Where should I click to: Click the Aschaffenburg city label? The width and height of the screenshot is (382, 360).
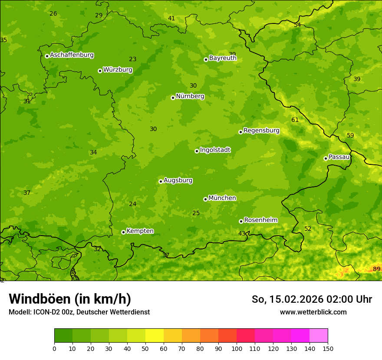pyautogui.click(x=72, y=55)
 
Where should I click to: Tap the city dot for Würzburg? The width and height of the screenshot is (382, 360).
pyautogui.click(x=100, y=71)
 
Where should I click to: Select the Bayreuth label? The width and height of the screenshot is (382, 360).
pyautogui.click(x=223, y=58)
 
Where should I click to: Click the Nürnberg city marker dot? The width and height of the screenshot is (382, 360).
pyautogui.click(x=173, y=98)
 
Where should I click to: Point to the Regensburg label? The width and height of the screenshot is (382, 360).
pyautogui.click(x=261, y=131)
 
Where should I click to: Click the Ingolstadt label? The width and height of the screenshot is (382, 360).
pyautogui.click(x=215, y=150)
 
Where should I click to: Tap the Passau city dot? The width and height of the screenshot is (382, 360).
pyautogui.click(x=326, y=158)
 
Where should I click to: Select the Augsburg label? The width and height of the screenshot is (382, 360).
pyautogui.click(x=178, y=180)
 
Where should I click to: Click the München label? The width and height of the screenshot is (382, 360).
pyautogui.click(x=222, y=198)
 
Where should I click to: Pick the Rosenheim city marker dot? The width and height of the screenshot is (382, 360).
pyautogui.click(x=241, y=221)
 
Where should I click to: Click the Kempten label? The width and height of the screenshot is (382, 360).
pyautogui.click(x=140, y=231)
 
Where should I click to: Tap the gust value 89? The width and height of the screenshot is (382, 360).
pyautogui.click(x=376, y=269)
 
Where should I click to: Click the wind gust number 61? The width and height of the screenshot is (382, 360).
pyautogui.click(x=295, y=120)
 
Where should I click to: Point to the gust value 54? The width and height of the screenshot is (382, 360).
pyautogui.click(x=297, y=25)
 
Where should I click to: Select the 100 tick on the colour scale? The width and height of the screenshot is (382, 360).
pyautogui.click(x=237, y=348)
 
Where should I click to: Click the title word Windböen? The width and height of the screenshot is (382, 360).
pyautogui.click(x=39, y=299)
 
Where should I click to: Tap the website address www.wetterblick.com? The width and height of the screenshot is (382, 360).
pyautogui.click(x=313, y=312)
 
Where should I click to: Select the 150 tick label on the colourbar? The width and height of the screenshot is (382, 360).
pyautogui.click(x=328, y=348)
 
